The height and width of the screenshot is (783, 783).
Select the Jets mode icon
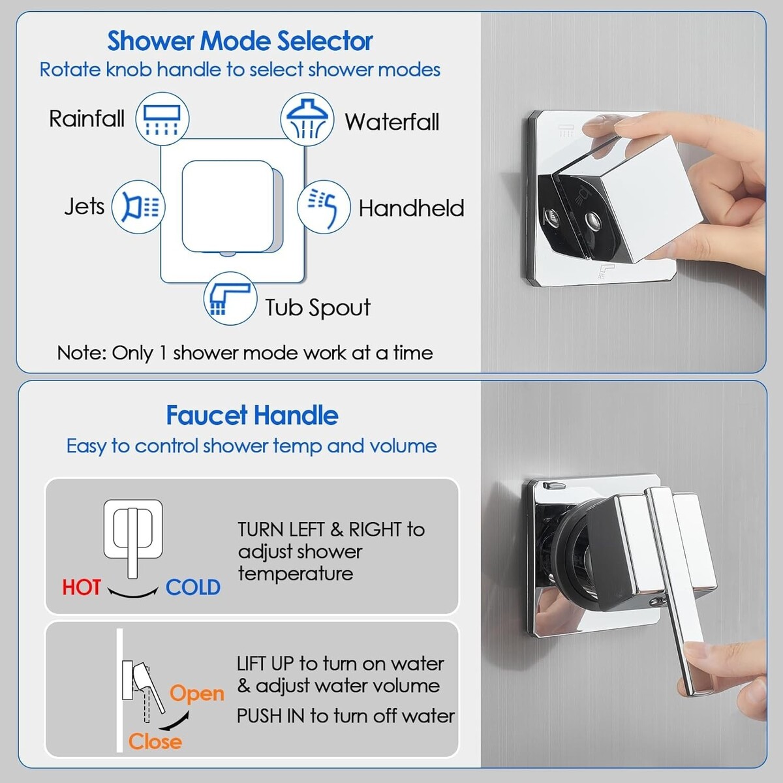coord(138,207)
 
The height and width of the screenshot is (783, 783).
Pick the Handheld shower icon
coord(324,207)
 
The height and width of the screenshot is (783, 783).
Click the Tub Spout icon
coord(230,298)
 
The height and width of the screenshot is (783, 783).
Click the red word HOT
coord(82,587)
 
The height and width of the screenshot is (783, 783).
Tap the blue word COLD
coord(193,587)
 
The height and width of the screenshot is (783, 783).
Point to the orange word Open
coord(196,693)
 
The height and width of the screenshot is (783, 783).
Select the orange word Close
coord(155,741)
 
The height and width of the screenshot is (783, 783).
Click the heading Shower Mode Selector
coord(239,40)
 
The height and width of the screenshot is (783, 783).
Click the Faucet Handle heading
coord(252,415)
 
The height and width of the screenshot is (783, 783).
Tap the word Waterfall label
coord(392,121)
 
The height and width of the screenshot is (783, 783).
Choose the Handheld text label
coord(411,208)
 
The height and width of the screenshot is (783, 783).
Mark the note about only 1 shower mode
coord(245,353)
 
